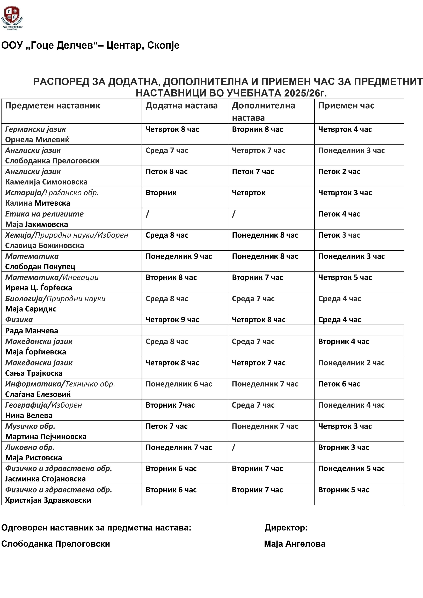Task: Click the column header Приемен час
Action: click(x=346, y=106)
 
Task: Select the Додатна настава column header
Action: click(x=181, y=106)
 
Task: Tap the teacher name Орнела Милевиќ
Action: click(x=37, y=140)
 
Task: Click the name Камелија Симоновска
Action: click(x=46, y=182)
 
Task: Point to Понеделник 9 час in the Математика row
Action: click(x=179, y=256)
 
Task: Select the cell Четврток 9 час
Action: click(x=172, y=320)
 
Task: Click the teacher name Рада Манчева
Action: click(x=32, y=331)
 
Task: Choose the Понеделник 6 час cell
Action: click(x=179, y=384)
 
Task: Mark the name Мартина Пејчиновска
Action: click(x=46, y=437)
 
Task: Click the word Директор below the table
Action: click(x=286, y=528)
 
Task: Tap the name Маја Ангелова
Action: click(x=295, y=544)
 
